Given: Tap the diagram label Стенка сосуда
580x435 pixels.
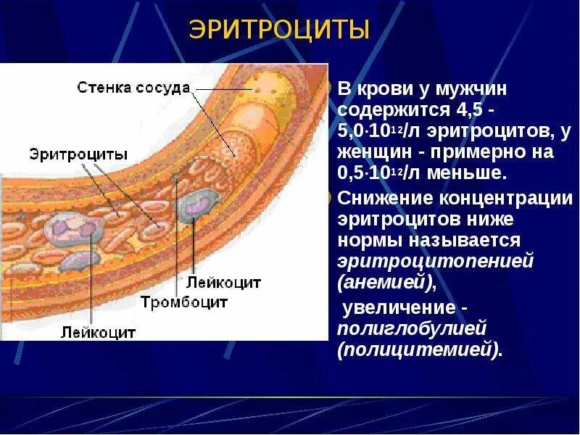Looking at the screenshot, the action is tap(133, 88).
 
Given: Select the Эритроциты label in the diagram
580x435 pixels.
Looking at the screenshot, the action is tap(79, 154).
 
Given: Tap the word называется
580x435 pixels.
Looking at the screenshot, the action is tap(471, 240).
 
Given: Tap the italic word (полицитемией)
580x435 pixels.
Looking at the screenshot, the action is tap(420, 349).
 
